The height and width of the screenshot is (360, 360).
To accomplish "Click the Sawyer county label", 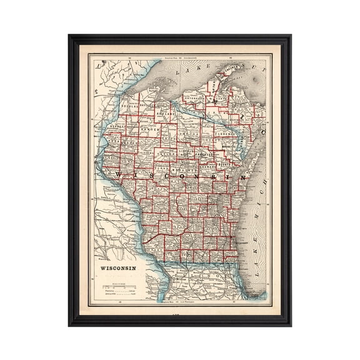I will pos(146,129).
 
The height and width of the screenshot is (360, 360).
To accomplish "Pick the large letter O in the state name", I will pos(182,174).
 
